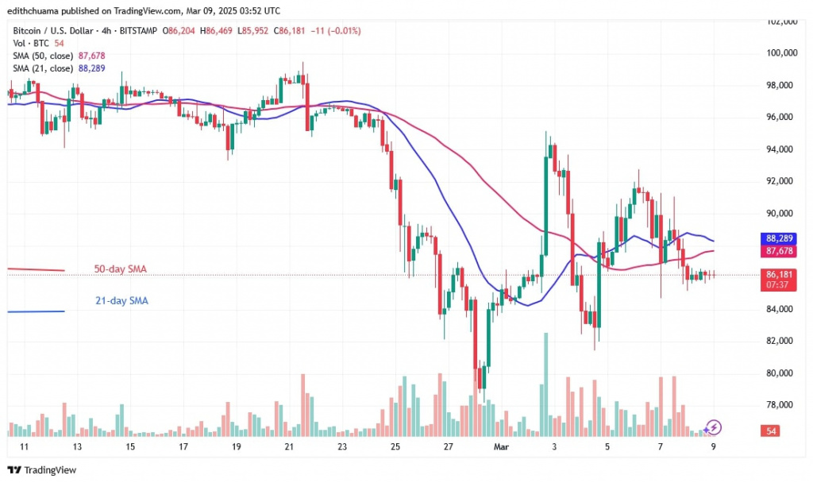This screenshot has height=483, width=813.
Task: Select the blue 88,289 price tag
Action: click(x=776, y=238)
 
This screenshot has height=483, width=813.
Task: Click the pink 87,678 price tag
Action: click(x=776, y=250)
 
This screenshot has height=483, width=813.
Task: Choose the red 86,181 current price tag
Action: click(x=776, y=274)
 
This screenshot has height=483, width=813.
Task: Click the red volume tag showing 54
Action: click(x=768, y=431)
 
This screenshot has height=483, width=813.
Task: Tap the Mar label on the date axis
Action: click(x=501, y=447)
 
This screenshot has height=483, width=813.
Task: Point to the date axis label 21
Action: click(x=289, y=447)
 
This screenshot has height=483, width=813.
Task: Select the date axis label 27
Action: click(x=448, y=447)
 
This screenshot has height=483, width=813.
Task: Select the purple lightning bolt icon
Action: click(x=713, y=427)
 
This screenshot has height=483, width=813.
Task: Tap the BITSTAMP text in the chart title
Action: click(x=137, y=31)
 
